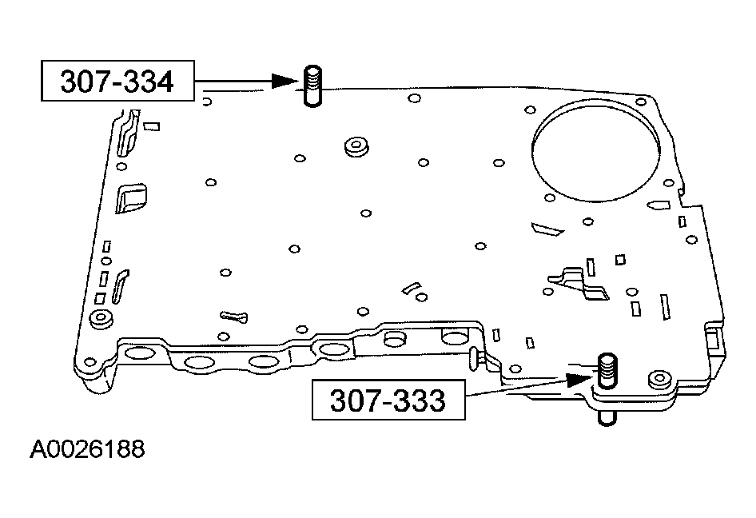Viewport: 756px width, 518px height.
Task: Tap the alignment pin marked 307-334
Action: [312, 86]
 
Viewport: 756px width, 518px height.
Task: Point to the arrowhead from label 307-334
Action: [284, 81]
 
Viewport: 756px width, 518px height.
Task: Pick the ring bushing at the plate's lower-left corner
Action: [100, 318]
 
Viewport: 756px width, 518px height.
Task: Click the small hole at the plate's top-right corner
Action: [639, 102]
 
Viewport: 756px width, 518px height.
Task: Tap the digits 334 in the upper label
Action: [147, 82]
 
